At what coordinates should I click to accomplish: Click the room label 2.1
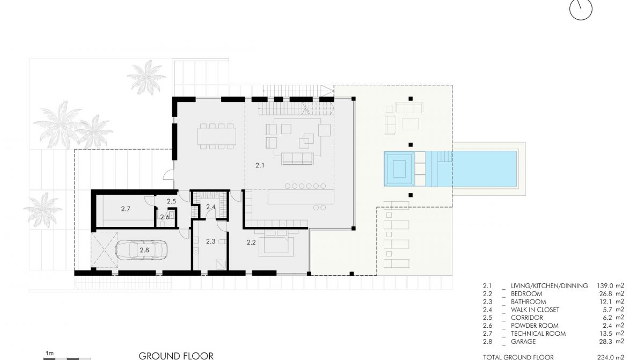(x=260, y=165)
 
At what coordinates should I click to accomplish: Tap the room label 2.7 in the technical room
(x=126, y=209)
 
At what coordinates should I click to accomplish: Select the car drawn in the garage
(x=142, y=250)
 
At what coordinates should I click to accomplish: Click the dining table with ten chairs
(x=216, y=136)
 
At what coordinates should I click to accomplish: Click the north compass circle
(x=581, y=9)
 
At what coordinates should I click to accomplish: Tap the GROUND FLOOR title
(x=176, y=356)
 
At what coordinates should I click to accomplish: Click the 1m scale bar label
(x=49, y=354)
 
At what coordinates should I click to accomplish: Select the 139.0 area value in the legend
(x=605, y=286)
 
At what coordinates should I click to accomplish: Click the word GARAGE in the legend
(x=523, y=342)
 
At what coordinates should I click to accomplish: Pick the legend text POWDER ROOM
(x=535, y=326)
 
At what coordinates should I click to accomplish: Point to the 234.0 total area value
(x=605, y=357)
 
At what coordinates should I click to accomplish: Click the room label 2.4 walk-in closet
(x=211, y=207)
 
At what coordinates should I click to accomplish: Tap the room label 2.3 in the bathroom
(x=211, y=241)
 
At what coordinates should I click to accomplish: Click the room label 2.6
(x=165, y=217)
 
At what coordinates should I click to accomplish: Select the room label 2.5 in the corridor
(x=171, y=201)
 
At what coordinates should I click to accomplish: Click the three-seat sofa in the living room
(x=297, y=159)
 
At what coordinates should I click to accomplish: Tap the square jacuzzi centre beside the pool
(x=399, y=169)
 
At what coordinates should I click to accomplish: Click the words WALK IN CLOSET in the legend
(x=535, y=310)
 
